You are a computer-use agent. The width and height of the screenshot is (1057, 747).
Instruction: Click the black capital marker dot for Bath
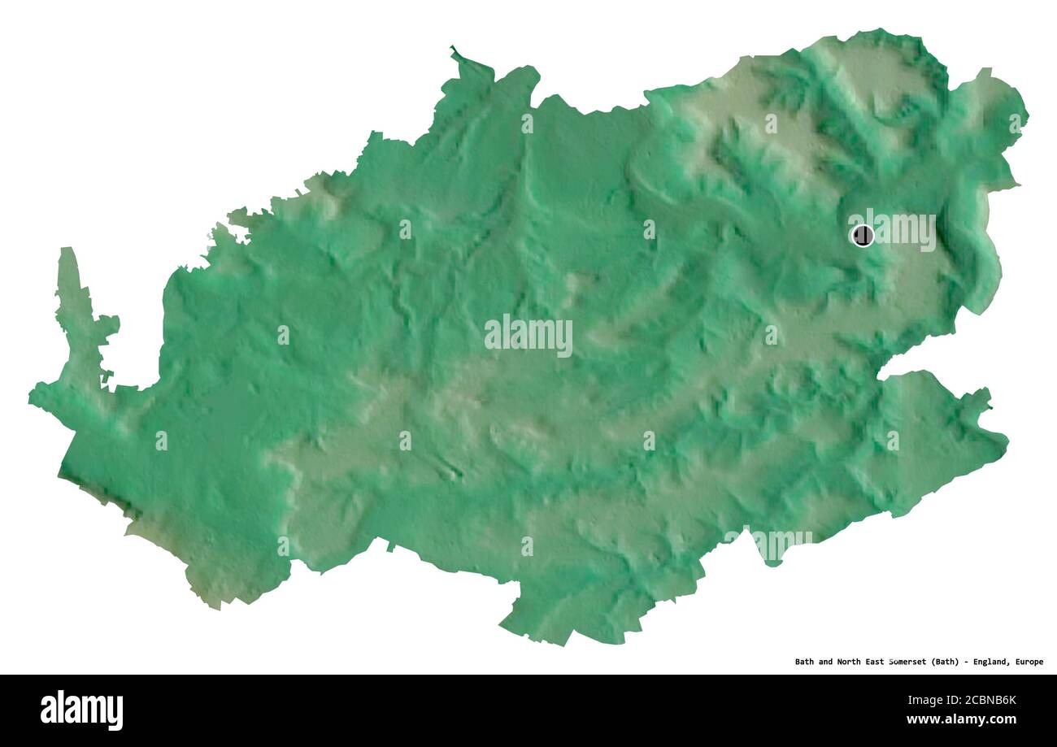[862, 236]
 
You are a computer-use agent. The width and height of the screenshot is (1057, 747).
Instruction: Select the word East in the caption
[879, 662]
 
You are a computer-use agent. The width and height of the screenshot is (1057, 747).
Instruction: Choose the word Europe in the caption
[1029, 662]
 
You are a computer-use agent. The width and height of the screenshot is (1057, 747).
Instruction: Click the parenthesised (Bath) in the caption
[948, 662]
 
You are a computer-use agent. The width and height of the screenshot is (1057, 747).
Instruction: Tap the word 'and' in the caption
[826, 662]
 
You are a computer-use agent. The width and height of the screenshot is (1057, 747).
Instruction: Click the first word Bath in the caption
[804, 662]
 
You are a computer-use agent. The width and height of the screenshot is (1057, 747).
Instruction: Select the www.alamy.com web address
[961, 719]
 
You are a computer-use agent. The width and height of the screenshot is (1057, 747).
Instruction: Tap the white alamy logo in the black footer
[81, 710]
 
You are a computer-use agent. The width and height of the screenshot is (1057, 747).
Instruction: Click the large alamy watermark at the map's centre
[528, 334]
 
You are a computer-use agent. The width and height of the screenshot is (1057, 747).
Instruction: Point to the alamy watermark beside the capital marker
[903, 230]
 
